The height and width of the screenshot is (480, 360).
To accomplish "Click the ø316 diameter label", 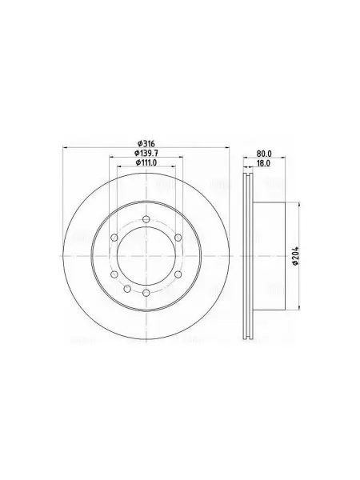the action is coord(146,143).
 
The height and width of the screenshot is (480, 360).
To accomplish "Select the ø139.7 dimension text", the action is coord(146,153).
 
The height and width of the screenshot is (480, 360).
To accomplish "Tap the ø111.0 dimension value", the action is coord(146,162).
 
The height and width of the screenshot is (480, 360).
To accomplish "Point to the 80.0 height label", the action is coord(265,154).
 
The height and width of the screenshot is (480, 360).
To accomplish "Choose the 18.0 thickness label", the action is coord(263,163).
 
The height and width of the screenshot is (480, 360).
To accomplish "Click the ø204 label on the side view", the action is coord(295,256).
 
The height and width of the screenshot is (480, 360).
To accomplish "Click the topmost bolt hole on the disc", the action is coord(146,219).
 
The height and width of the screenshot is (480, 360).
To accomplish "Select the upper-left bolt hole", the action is coord(114,238).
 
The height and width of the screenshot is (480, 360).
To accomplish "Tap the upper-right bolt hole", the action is coord(178,238).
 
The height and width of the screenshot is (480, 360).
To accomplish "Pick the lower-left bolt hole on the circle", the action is coord(114,274).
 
